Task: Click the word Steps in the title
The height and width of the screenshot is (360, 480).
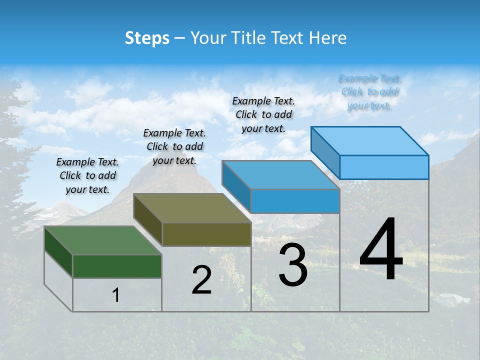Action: pos(147,38)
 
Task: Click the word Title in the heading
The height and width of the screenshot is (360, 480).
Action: pos(248,38)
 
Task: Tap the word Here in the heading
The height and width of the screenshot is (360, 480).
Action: pos(327,38)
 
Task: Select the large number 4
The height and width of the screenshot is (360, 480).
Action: pos(381,250)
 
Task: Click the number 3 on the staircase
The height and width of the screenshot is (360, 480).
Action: pos(293,265)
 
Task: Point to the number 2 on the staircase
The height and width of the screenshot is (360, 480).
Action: pos(201,280)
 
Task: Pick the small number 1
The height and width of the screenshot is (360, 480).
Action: pos(116,295)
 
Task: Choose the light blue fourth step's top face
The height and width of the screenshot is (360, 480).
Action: pos(370,141)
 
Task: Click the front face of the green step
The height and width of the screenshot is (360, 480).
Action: pos(117,266)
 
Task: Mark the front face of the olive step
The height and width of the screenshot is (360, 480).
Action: pos(206,234)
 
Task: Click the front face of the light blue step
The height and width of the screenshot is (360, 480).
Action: pos(384,167)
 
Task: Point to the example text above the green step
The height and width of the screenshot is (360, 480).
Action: pos(87,176)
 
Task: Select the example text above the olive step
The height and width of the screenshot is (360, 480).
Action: pos(174,147)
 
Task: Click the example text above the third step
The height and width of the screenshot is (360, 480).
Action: pos(263,114)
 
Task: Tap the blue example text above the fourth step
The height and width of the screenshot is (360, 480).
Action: pos(369,92)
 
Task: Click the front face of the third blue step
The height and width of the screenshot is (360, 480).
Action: pos(295,201)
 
